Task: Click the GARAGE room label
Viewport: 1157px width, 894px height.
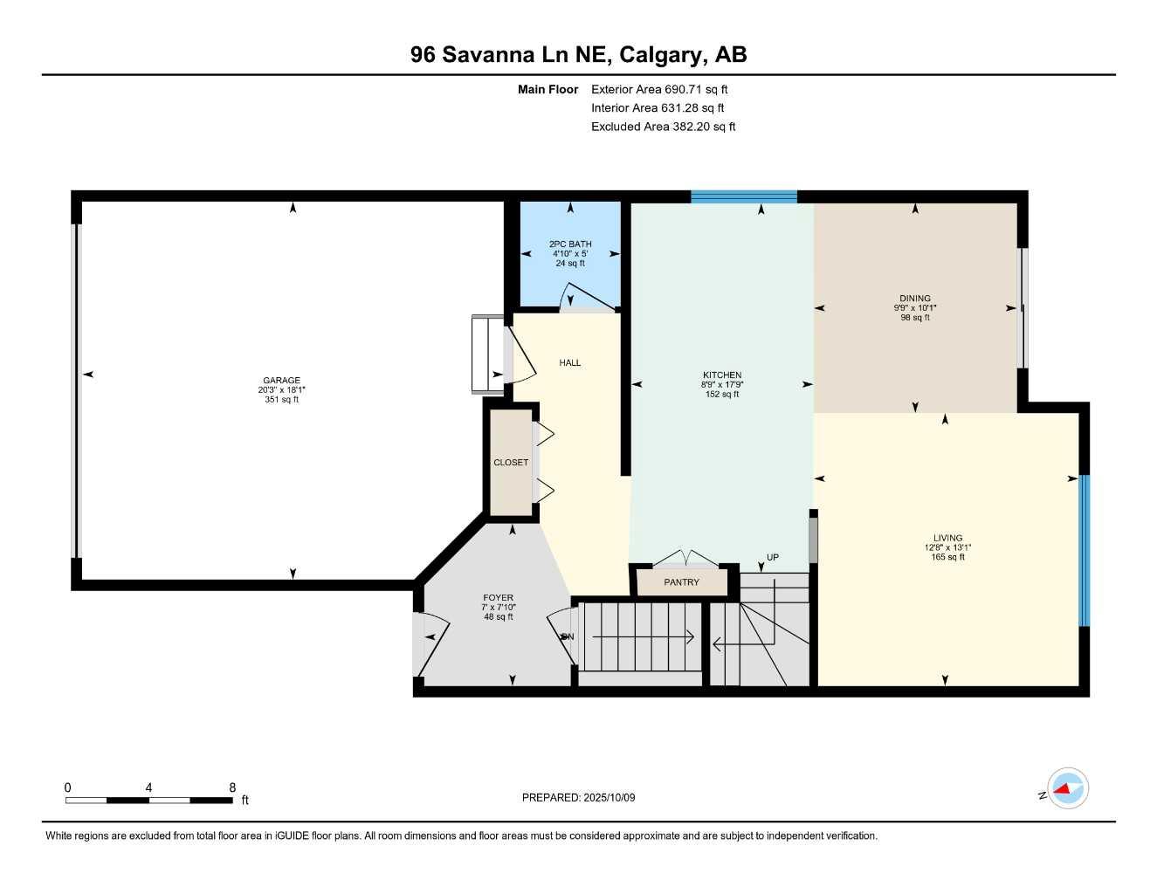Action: tap(281, 381)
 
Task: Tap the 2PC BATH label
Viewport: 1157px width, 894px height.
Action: tap(570, 244)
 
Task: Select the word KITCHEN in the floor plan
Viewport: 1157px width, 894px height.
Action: tap(722, 375)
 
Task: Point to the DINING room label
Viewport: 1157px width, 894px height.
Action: tap(915, 299)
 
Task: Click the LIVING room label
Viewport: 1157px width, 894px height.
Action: tap(947, 539)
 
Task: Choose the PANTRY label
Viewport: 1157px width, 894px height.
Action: tap(681, 582)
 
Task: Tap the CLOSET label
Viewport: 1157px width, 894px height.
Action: tap(511, 463)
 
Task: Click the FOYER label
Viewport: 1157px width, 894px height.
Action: tap(499, 598)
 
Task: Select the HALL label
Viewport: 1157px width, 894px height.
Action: tap(570, 363)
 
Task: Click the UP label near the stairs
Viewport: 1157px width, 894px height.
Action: tap(773, 558)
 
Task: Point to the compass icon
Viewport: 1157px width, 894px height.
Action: tap(1067, 789)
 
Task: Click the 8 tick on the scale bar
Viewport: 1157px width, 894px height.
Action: tap(232, 787)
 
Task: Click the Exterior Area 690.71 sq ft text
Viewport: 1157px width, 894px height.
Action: tap(659, 89)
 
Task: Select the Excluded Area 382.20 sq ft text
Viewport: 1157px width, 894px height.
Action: tap(663, 127)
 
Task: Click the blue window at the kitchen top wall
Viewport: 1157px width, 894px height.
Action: tap(744, 196)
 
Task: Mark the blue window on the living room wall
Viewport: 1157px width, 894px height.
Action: tap(1085, 550)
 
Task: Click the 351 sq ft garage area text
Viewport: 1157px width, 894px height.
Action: tap(281, 400)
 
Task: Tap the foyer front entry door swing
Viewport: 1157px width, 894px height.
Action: tap(434, 637)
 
